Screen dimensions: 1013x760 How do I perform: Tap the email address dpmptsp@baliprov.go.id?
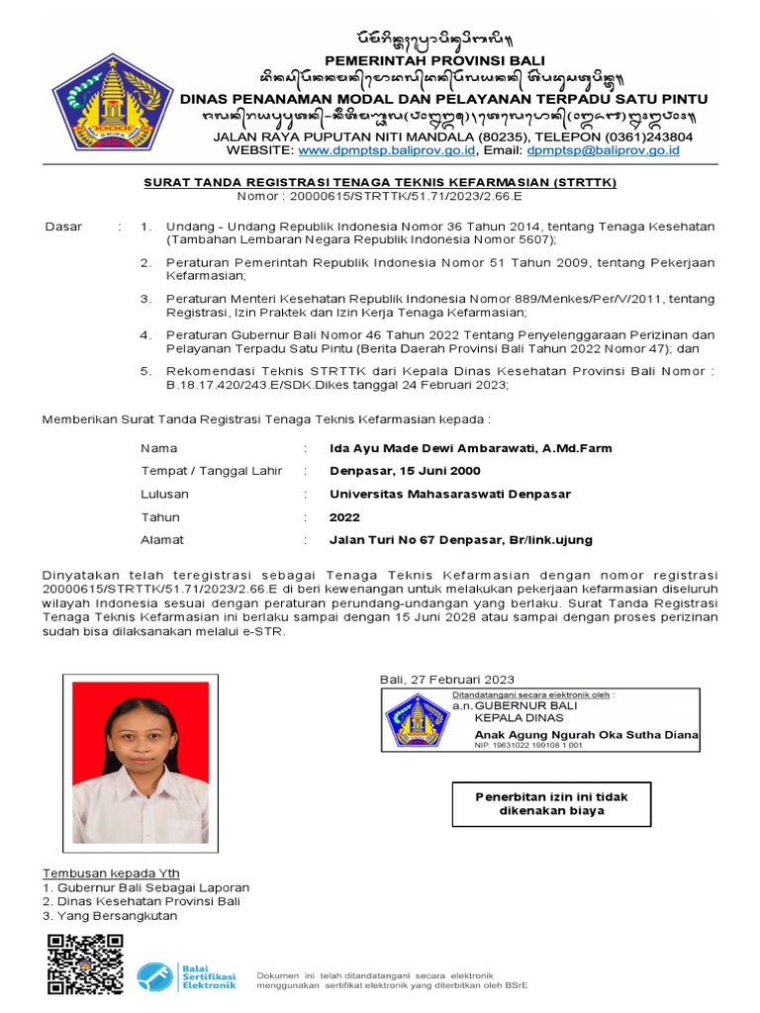pyautogui.click(x=603, y=150)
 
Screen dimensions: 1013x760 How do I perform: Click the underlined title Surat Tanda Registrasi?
pyautogui.click(x=380, y=182)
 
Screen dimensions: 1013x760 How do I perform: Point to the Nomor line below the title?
pyautogui.click(x=380, y=196)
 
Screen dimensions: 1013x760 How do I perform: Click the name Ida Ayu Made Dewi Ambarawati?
pyautogui.click(x=470, y=448)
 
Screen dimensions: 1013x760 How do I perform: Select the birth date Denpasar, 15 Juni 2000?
pyautogui.click(x=405, y=471)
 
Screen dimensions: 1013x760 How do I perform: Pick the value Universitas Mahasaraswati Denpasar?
pyautogui.click(x=449, y=494)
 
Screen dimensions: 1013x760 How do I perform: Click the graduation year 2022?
pyautogui.click(x=344, y=516)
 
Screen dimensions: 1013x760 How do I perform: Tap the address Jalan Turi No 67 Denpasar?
pyautogui.click(x=460, y=540)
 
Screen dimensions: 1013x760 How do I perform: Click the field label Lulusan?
pyautogui.click(x=164, y=494)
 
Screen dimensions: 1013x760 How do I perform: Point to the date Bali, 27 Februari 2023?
pyautogui.click(x=447, y=679)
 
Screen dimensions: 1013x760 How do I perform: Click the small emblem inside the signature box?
pyautogui.click(x=416, y=720)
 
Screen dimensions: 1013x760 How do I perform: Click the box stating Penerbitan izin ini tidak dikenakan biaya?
pyautogui.click(x=551, y=803)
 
